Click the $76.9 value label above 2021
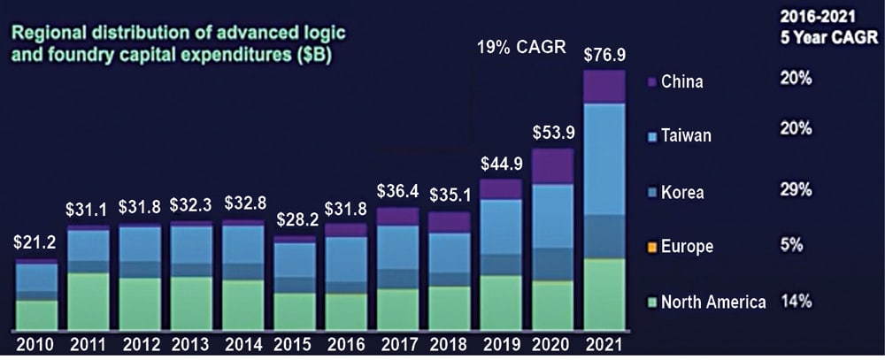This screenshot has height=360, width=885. pos(602,54)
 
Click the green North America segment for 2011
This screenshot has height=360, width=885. pos(88,301)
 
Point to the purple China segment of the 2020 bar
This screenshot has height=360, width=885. pos(552,166)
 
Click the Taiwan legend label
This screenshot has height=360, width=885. pos(686,136)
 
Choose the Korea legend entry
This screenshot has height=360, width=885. pos(682,191)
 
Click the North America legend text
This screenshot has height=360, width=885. pos(713,303)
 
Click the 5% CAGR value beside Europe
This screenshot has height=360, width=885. pos(793,246)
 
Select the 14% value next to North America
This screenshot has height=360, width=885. pos(796,302)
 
